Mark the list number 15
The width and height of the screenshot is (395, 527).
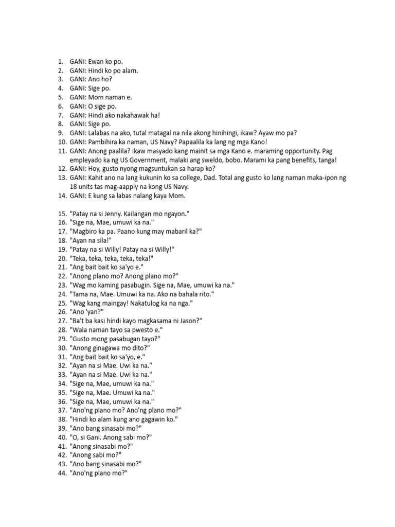[x=62, y=213]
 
